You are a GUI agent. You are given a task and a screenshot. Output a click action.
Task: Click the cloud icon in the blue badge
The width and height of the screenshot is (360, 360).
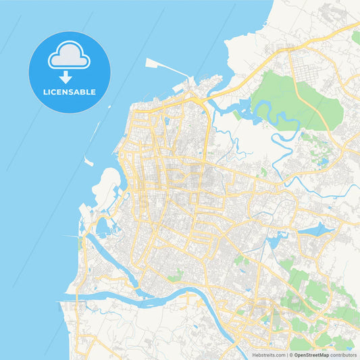pos(69,57)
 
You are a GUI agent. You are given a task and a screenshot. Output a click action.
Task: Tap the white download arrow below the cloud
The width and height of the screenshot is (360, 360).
pos(66,77)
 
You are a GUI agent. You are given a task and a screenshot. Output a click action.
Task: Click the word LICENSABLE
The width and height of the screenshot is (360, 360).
pos(69,91)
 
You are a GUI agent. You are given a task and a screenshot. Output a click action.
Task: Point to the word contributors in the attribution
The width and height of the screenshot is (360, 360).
pos(344,355)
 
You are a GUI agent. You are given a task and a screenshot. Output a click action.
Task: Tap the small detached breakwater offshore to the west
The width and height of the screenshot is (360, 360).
pos(88,161)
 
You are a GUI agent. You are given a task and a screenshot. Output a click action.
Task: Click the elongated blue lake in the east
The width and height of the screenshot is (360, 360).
pos(316,230)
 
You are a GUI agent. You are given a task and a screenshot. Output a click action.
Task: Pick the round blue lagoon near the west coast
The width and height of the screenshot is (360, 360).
pos(103,228)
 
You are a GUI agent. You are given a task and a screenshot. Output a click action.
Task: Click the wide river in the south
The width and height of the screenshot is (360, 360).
pos(169,298)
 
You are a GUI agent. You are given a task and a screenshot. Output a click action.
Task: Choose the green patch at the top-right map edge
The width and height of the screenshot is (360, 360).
pos(355,37)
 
